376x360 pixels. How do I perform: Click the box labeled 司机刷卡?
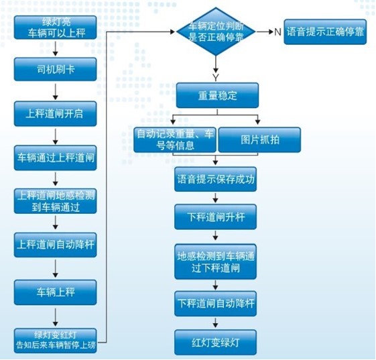coord(56,70)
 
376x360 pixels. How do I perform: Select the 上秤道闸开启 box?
coord(56,114)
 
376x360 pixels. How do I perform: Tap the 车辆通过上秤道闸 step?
coord(56,158)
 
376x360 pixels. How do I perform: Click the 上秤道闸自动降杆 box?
coord(56,245)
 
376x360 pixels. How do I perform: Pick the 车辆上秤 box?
coord(56,292)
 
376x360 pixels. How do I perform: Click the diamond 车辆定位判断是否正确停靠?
coord(216,32)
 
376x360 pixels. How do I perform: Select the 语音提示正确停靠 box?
coord(325,32)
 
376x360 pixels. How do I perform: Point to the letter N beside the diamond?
coord(277,32)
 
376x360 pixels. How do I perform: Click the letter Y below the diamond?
coord(216,78)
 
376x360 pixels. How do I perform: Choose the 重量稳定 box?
coord(217,95)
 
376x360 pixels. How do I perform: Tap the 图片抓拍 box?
coord(259,140)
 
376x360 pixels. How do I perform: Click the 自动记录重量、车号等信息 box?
coord(175,140)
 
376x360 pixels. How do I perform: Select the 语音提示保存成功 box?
coord(216,180)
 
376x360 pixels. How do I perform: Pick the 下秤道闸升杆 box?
coord(216,217)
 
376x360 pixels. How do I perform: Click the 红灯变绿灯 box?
coord(216,343)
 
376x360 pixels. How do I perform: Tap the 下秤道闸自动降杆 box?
coord(216,304)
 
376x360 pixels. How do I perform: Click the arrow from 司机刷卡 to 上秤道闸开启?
coord(56,92)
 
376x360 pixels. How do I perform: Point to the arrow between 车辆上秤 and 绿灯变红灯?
coord(56,317)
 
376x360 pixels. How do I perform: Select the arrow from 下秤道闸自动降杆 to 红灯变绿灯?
coord(215,323)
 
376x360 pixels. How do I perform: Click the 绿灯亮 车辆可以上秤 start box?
coord(56,27)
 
